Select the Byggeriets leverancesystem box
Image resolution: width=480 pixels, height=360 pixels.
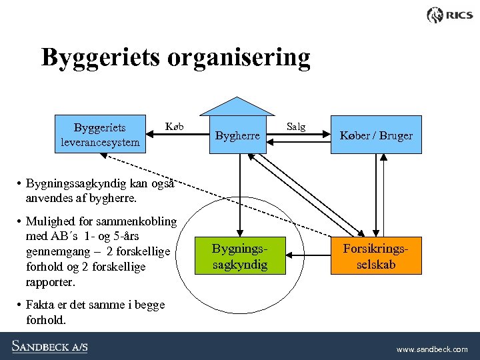coord(100,134)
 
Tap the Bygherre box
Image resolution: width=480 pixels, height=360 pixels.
coord(238,135)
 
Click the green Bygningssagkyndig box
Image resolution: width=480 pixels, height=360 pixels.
coord(239,256)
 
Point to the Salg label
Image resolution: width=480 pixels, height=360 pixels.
coord(295,126)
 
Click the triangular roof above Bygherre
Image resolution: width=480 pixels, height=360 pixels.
coord(237,107)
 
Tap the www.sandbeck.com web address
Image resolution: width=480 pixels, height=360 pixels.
coord(432,349)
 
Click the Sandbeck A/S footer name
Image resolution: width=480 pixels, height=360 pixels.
coord(49,346)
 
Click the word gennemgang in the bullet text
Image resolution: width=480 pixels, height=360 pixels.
coord(55,251)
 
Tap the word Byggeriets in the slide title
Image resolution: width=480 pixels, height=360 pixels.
coord(98,58)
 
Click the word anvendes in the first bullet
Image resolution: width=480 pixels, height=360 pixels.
coord(49,198)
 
